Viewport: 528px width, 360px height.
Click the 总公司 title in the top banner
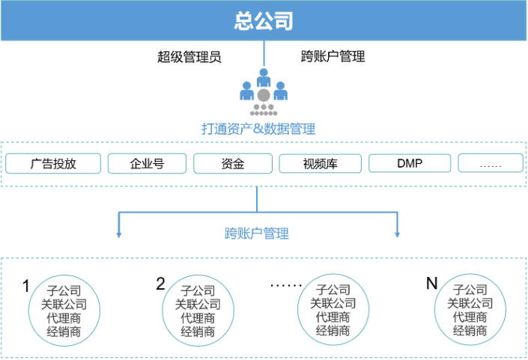[x=263, y=20]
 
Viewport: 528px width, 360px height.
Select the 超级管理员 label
[x=189, y=57]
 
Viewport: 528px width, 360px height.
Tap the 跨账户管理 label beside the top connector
[x=333, y=57]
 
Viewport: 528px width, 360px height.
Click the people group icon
[x=263, y=93]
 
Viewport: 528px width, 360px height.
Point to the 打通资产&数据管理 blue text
[x=258, y=129]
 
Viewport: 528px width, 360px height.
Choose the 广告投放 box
[x=53, y=163]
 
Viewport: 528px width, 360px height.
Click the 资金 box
[x=233, y=163]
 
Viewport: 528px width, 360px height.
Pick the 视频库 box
[x=320, y=163]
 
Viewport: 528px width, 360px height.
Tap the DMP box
[x=410, y=163]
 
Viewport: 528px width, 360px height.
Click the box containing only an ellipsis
[x=490, y=163]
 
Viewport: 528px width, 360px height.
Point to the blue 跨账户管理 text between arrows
[x=257, y=234]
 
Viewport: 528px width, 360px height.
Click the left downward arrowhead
[x=118, y=235]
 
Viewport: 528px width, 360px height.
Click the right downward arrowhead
[x=397, y=235]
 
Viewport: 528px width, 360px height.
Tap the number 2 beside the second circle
[x=160, y=284]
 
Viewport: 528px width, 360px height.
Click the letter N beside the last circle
[x=431, y=284]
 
